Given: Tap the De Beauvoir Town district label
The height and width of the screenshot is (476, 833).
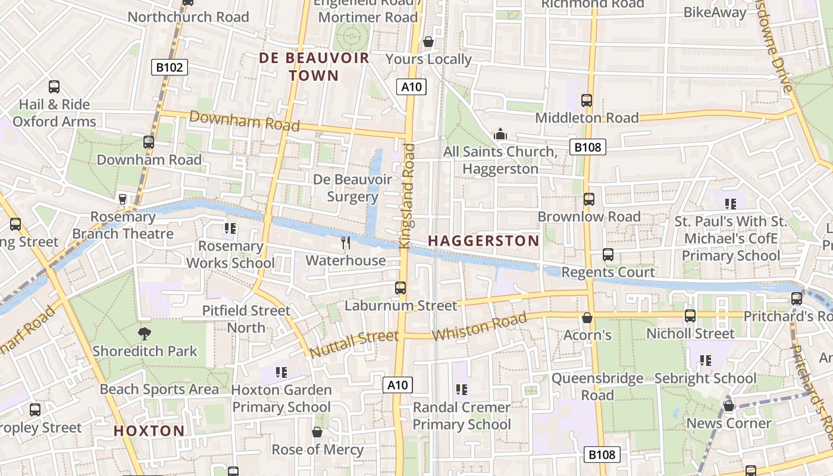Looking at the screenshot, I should click(314, 67).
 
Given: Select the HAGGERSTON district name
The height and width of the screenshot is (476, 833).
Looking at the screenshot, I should click(483, 241).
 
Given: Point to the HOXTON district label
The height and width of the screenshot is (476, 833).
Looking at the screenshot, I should click(149, 431).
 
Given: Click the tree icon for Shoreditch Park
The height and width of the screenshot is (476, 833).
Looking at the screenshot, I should click(144, 333).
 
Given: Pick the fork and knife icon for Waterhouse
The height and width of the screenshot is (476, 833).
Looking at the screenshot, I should click(346, 242).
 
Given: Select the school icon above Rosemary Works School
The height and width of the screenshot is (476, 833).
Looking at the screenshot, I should click(230, 228).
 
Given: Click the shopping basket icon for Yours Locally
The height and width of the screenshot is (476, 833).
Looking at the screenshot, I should click(428, 42).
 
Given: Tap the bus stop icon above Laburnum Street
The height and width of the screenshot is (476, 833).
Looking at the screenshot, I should click(400, 288).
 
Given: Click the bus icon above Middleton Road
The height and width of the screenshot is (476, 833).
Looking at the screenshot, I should click(587, 100).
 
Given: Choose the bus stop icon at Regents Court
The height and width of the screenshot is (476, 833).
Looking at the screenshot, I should click(608, 255).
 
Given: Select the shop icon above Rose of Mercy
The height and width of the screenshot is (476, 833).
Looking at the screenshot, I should click(317, 431).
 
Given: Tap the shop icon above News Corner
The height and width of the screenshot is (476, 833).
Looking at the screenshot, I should click(728, 406).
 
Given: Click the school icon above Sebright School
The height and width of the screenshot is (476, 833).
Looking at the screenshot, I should click(706, 360).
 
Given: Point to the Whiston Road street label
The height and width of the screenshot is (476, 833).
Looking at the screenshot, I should click(479, 327).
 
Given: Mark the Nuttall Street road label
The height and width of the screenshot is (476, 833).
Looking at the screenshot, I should click(354, 345).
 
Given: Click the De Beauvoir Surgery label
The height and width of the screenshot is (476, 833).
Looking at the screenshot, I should click(353, 188).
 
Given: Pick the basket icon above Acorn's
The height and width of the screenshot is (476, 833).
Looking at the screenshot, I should click(587, 317).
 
